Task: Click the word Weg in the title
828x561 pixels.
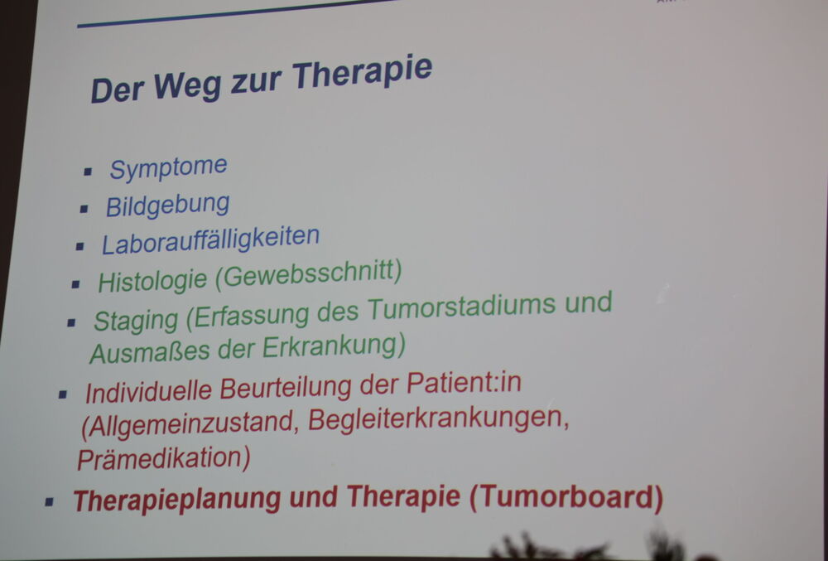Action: tap(187, 85)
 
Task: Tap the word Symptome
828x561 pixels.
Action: tap(168, 168)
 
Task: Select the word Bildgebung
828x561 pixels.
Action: tap(167, 205)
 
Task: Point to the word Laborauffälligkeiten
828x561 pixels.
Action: tap(210, 240)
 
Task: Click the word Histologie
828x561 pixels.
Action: tap(152, 281)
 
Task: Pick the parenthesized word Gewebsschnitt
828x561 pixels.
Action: tap(308, 273)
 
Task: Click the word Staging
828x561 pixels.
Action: tap(136, 320)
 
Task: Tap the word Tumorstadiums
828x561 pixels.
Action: tap(461, 307)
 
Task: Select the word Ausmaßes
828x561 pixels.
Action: tap(150, 352)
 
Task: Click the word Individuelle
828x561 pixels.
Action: tap(148, 392)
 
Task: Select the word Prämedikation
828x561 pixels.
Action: tap(164, 458)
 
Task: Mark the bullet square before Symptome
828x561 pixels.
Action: tap(88, 172)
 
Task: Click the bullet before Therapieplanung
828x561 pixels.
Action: tap(49, 501)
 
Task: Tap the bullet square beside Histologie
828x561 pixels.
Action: tap(75, 284)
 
